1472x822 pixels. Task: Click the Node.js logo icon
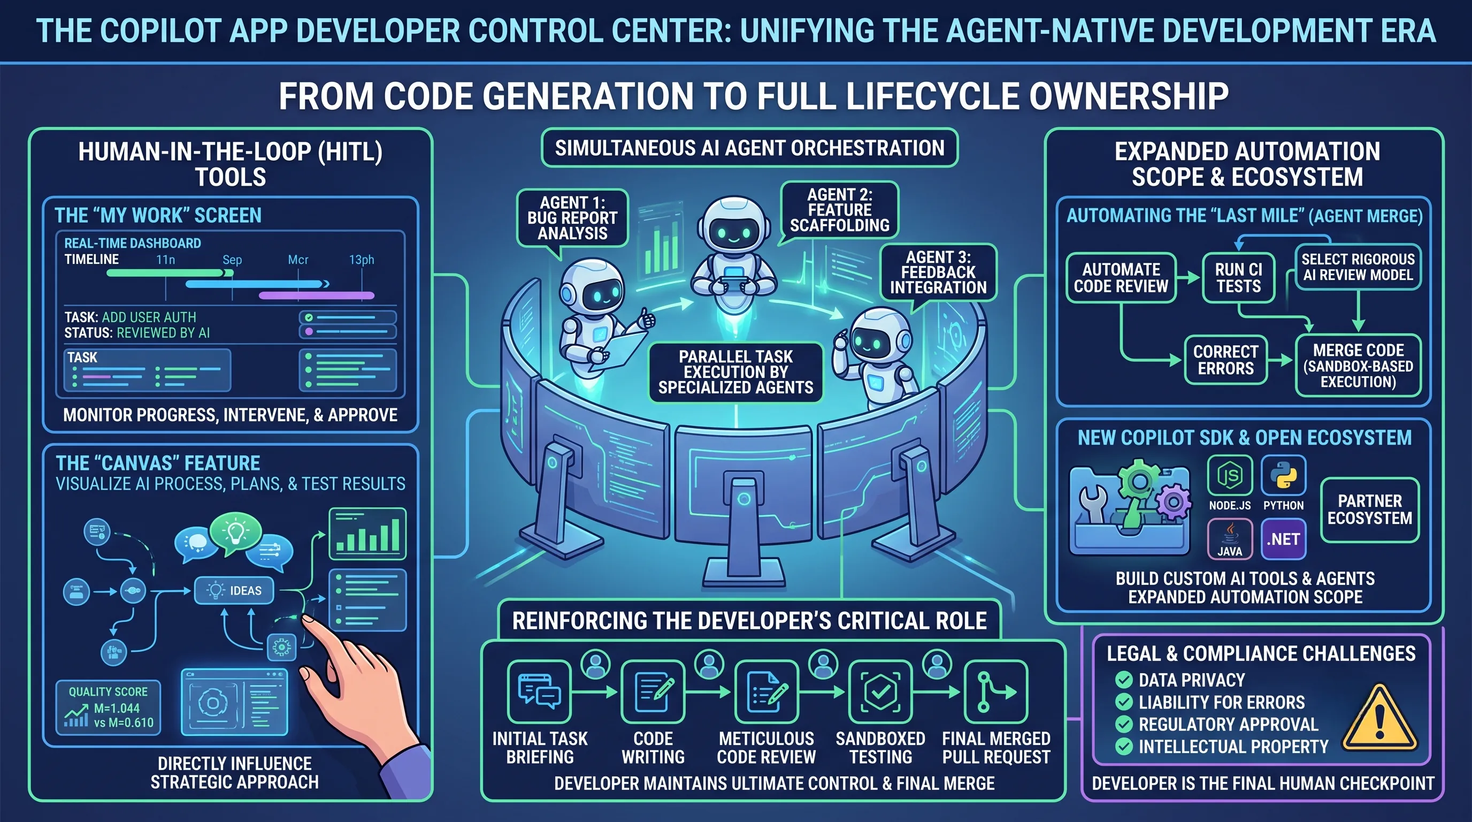point(1229,475)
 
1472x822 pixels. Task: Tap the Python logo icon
point(1283,475)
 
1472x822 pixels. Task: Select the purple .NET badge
point(1283,539)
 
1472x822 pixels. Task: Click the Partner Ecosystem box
point(1370,509)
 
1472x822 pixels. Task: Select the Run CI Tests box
point(1238,278)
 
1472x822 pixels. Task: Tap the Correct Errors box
point(1226,360)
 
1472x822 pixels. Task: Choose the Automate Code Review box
point(1121,278)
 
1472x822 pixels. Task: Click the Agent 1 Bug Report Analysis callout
point(572,218)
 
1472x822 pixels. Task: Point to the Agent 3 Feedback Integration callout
point(938,272)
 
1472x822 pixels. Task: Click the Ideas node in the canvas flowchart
point(234,590)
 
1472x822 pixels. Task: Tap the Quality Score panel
point(109,707)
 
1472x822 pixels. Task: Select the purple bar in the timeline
point(317,295)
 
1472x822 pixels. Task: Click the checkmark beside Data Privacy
point(1123,680)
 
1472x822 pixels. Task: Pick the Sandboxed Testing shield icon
point(880,691)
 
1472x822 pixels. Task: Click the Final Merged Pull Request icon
point(995,691)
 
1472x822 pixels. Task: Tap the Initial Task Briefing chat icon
point(539,691)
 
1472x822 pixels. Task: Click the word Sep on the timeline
point(232,260)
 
